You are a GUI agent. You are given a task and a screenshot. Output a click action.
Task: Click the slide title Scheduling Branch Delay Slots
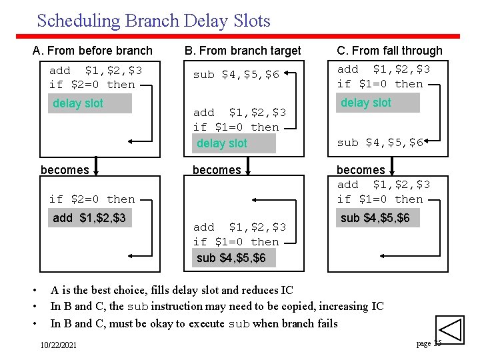coord(153,21)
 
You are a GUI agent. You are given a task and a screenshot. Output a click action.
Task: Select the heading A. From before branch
coord(93,51)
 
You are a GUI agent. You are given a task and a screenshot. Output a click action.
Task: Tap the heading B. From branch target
coord(243,51)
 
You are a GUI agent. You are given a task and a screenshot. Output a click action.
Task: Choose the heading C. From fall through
coord(389,51)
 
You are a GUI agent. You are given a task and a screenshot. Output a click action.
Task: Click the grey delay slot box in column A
coord(90,103)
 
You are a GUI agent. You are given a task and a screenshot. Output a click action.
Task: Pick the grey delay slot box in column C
coord(378,103)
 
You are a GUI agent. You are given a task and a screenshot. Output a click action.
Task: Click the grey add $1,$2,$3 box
coord(90,218)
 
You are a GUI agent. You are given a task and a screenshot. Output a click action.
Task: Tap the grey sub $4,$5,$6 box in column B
coord(233,258)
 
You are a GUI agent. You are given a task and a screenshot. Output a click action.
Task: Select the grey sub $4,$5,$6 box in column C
coord(378,218)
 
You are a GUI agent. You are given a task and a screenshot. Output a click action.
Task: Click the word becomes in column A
coord(65,170)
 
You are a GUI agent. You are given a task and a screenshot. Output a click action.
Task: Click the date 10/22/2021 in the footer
coord(58,345)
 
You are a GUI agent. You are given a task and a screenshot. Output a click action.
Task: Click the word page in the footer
coord(423,343)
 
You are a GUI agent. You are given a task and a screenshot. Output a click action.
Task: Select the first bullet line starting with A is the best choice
coord(171,290)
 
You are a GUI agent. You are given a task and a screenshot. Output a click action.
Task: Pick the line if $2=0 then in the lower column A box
coord(92,199)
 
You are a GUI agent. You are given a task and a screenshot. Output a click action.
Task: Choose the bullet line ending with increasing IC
coord(217,307)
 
